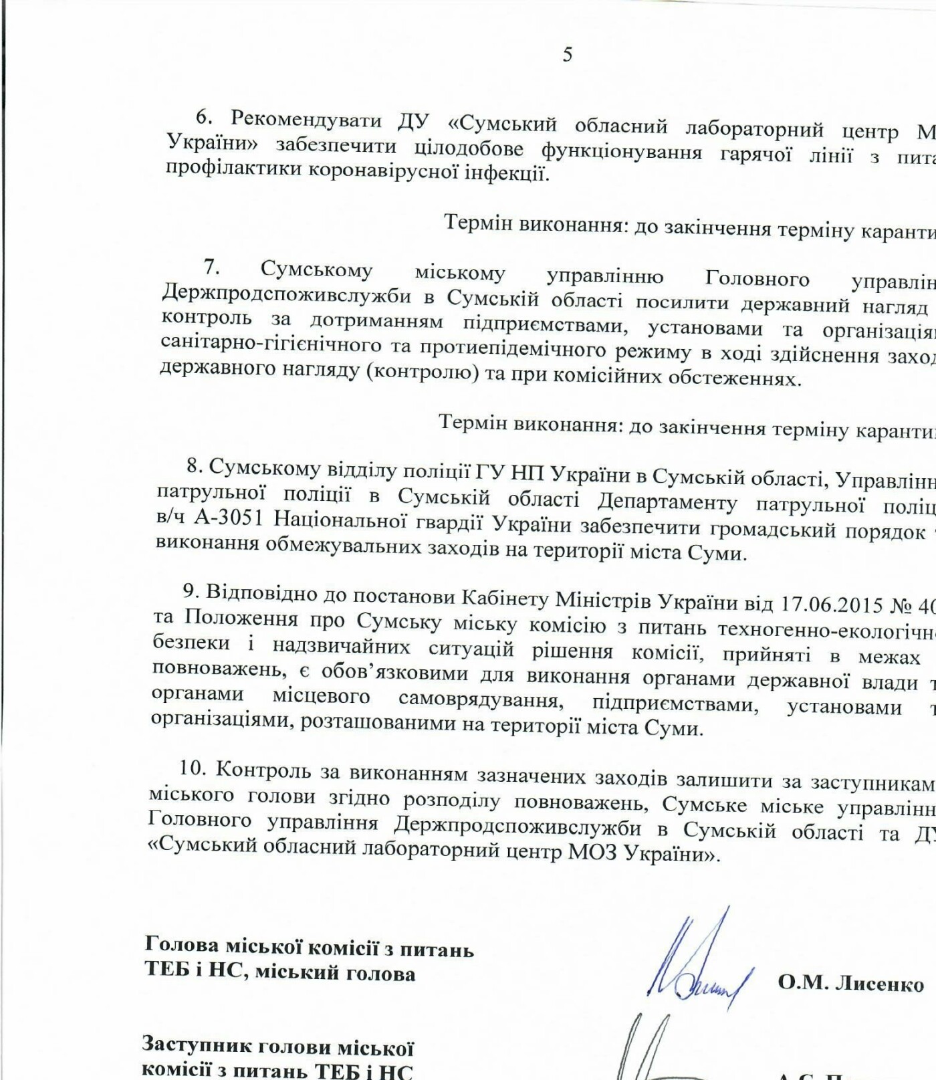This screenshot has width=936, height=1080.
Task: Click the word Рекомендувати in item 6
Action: click(306, 120)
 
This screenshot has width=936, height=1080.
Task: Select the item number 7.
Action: click(211, 267)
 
